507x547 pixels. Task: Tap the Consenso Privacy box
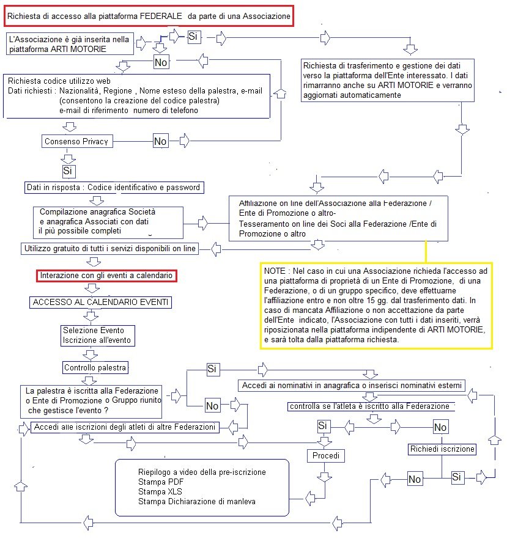(x=76, y=141)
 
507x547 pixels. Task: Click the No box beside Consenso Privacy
(x=160, y=141)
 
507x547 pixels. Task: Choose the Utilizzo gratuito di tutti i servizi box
(x=106, y=249)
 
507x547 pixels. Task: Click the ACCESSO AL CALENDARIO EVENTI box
(x=102, y=302)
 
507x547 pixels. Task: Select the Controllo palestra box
(x=95, y=368)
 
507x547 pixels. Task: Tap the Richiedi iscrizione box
(x=442, y=449)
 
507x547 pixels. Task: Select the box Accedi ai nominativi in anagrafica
(x=352, y=386)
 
